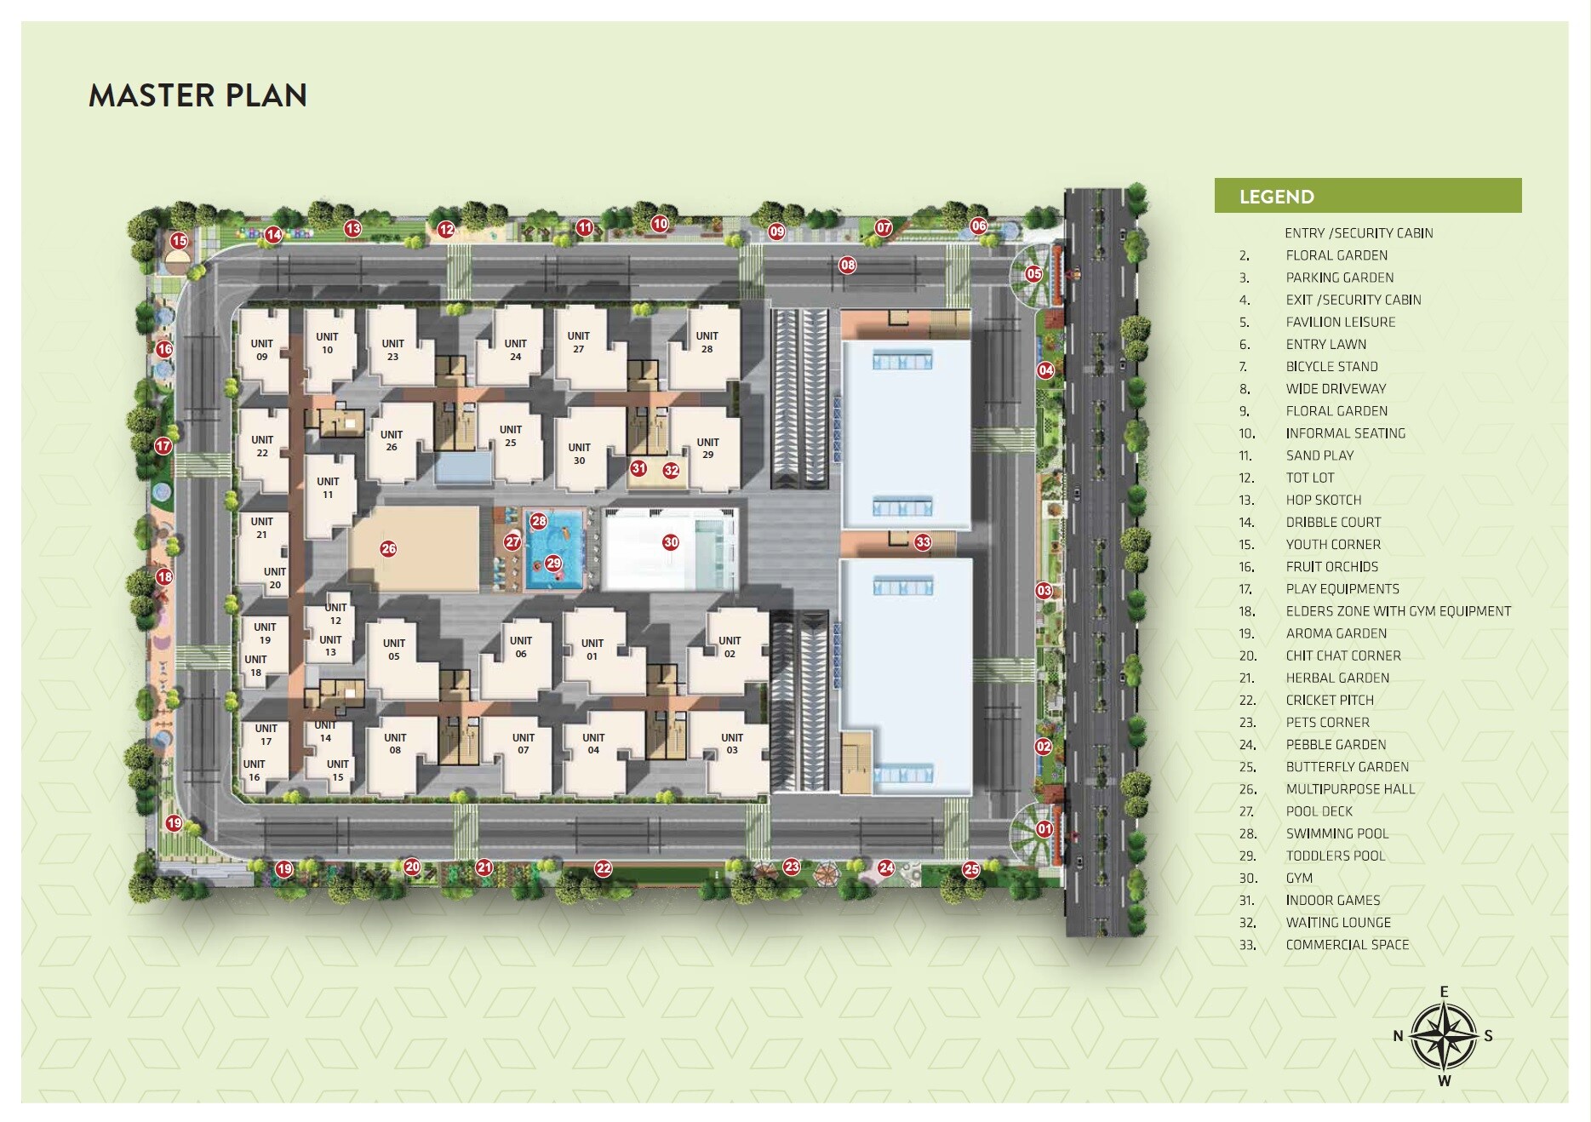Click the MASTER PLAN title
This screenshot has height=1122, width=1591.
coord(197,95)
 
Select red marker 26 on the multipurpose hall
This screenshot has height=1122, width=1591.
coord(388,549)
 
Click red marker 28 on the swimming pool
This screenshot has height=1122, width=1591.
coord(539,521)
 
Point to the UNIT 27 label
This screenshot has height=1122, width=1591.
coord(579,342)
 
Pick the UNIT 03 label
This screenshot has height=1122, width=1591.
coord(732,744)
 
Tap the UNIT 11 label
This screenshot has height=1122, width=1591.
coord(328,488)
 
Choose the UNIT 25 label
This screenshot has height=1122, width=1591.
coord(511,436)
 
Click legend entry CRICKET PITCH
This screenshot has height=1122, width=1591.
coord(1330,701)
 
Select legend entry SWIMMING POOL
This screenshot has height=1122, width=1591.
coord(1336,834)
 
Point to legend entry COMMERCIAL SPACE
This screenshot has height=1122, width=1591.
coord(1347,945)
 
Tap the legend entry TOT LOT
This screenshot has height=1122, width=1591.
coord(1310,478)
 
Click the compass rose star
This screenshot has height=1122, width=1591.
coord(1445,1036)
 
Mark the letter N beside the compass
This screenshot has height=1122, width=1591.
coord(1398,1036)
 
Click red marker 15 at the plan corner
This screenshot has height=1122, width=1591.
coord(179,241)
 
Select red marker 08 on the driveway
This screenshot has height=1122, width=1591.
coord(848,265)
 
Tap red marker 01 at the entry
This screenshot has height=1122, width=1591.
coord(1044,828)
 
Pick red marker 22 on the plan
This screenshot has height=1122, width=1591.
coord(604,868)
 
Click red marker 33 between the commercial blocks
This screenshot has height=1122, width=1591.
coord(923,542)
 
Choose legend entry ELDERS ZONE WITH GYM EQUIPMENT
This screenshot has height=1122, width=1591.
coord(1398,611)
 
